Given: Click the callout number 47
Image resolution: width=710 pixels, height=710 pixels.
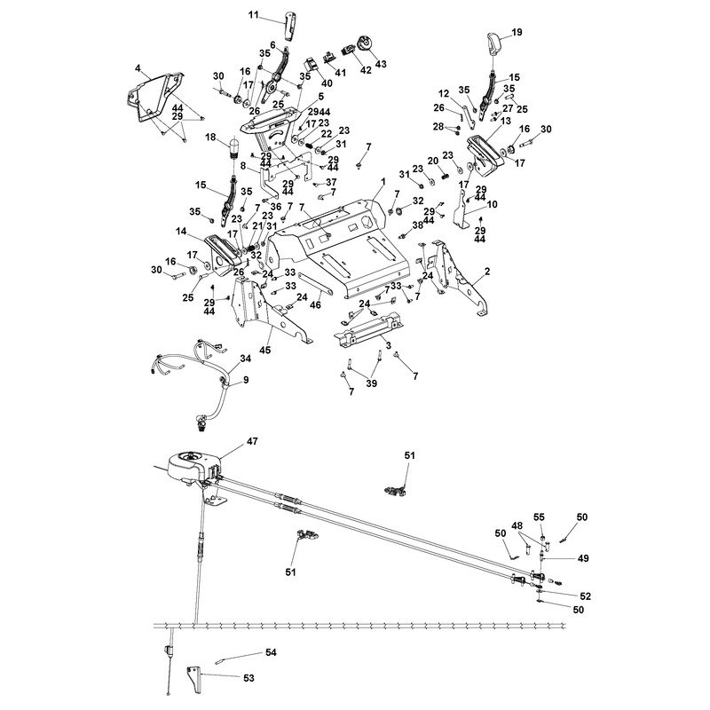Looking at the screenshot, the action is pos(252,440).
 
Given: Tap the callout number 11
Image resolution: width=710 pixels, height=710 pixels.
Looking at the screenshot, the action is pos(253,15).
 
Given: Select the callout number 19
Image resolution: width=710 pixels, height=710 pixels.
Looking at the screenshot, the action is pos(517,32).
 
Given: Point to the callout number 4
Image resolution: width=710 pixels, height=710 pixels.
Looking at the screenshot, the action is pos(138,68).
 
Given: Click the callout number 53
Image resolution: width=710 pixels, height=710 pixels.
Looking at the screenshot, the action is pos(248,678).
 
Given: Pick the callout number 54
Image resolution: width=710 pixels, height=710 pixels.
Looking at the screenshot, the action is pos(271,652).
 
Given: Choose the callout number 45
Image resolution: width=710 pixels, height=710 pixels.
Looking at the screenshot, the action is pos(264,350).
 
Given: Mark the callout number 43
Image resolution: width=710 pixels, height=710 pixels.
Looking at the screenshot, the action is pos(381,64).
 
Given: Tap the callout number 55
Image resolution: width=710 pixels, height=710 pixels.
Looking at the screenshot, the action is pos(539,517).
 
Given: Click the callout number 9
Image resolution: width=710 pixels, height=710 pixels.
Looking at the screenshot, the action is pos(246,380).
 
